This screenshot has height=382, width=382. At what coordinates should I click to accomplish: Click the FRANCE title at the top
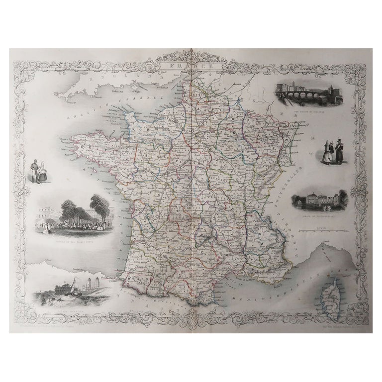pos(191,66)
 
